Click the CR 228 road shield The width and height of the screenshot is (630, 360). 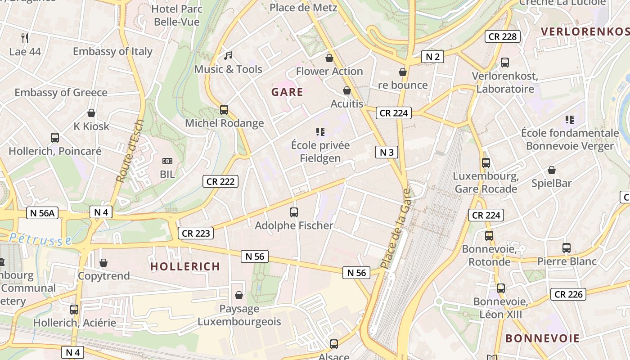pyautogui.click(x=502, y=36)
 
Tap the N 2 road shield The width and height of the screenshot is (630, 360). pyautogui.click(x=432, y=56)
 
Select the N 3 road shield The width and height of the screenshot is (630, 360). pyautogui.click(x=387, y=152)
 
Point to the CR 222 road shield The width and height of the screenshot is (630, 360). pyautogui.click(x=220, y=181)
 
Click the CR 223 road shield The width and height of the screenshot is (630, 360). pyautogui.click(x=196, y=233)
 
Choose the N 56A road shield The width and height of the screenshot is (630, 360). pyautogui.click(x=43, y=213)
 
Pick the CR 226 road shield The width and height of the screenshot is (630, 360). pyautogui.click(x=568, y=294)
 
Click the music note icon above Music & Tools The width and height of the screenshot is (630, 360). pyautogui.click(x=229, y=56)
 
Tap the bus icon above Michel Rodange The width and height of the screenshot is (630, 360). pyautogui.click(x=224, y=109)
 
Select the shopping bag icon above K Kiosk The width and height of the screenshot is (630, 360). pyautogui.click(x=91, y=113)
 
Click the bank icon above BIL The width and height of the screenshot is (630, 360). pyautogui.click(x=167, y=161)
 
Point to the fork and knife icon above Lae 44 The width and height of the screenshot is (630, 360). pyautogui.click(x=25, y=38)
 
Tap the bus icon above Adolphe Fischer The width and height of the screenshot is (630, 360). pyautogui.click(x=294, y=212)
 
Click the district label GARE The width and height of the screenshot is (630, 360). pyautogui.click(x=287, y=92)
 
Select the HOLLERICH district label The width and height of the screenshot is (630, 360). pyautogui.click(x=185, y=266)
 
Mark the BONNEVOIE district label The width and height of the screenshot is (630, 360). pyautogui.click(x=542, y=338)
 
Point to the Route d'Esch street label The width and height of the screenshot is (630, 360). pyautogui.click(x=130, y=151)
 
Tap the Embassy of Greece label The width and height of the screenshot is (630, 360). pyautogui.click(x=61, y=93)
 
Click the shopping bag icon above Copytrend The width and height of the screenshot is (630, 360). pyautogui.click(x=103, y=263)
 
